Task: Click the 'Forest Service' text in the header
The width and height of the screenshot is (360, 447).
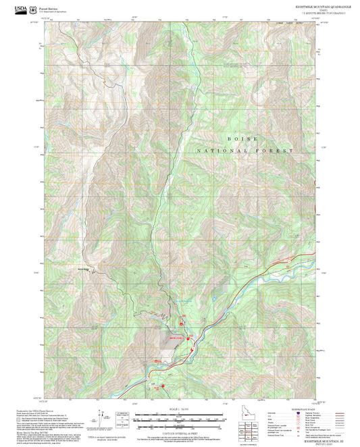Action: pyautogui.click(x=49, y=8)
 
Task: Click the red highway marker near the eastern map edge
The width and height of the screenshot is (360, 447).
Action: pyautogui.click(x=288, y=259)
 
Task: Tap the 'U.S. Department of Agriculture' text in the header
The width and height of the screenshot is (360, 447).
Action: pyautogui.click(x=55, y=12)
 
